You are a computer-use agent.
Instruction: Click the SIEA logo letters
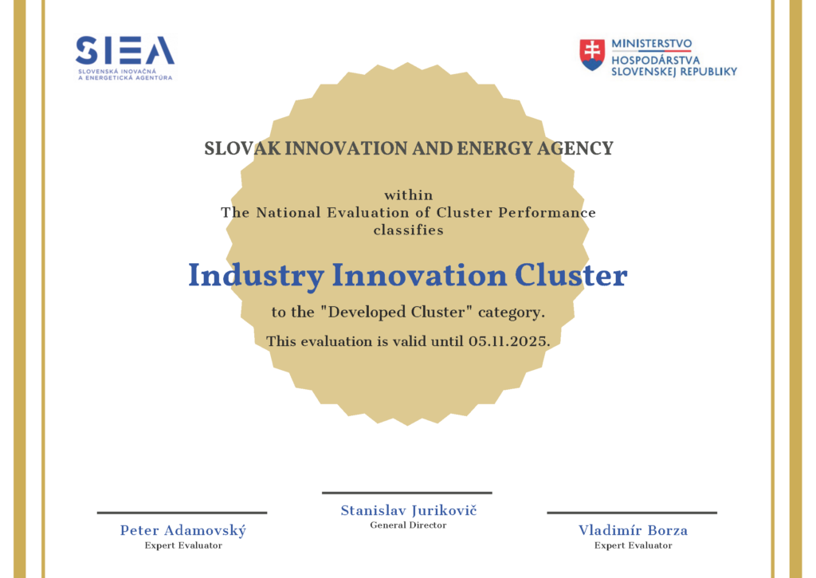tap(125, 50)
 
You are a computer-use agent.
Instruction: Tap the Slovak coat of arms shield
tap(592, 55)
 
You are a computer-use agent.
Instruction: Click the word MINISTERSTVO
tap(652, 44)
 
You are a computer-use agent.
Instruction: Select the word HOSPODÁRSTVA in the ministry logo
tap(656, 61)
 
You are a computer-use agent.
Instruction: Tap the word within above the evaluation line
tap(409, 195)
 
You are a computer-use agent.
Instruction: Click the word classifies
tap(409, 230)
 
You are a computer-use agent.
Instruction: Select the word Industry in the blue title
tap(256, 276)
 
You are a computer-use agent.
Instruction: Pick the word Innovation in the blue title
tap(419, 275)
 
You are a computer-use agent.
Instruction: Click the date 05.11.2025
tap(508, 341)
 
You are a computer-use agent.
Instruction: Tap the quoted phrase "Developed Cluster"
tap(396, 313)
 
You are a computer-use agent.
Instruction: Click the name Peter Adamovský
tap(183, 531)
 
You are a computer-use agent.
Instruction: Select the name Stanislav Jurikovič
tap(409, 511)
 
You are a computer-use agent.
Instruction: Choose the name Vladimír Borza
tap(633, 531)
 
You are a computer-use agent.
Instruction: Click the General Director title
tap(409, 525)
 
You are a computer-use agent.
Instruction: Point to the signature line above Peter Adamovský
tap(182, 513)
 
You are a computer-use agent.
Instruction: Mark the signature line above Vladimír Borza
tap(632, 513)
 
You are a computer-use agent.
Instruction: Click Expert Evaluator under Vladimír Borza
tap(634, 546)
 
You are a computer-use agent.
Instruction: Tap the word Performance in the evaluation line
tap(547, 213)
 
